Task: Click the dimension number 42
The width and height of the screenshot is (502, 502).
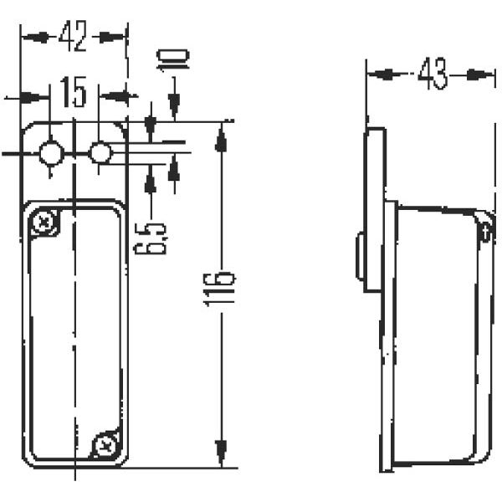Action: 72,36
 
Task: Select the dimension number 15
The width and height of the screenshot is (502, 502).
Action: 74,92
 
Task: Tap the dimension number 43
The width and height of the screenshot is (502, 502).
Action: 433,74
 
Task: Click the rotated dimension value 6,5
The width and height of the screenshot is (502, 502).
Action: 151,238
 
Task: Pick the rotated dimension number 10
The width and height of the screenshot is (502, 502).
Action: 173,59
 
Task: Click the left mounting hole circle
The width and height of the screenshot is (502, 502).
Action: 51,153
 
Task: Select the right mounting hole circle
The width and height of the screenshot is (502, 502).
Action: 100,153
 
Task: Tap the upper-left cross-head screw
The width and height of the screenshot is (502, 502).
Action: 44,222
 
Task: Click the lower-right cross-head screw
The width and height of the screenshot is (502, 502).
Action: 105,444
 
